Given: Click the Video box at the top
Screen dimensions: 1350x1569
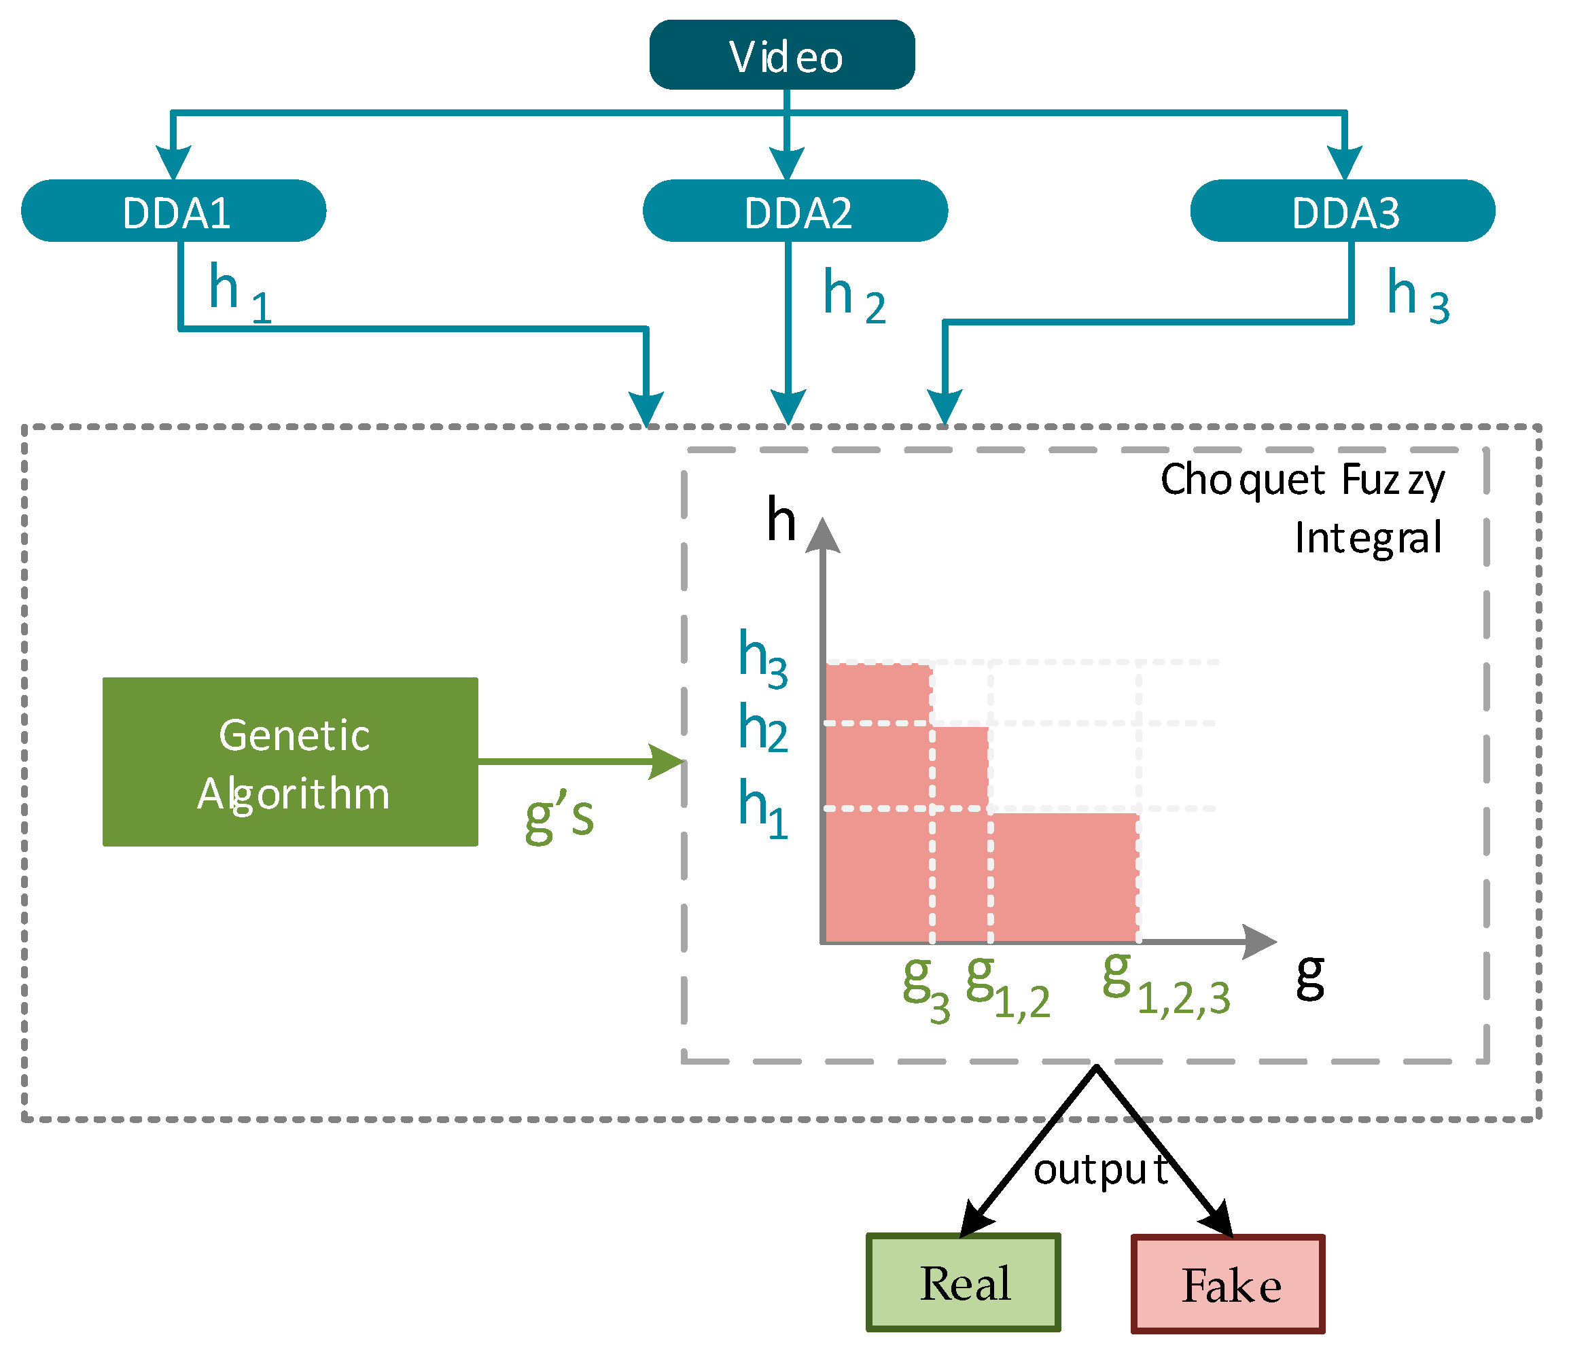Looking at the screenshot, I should pyautogui.click(x=781, y=55).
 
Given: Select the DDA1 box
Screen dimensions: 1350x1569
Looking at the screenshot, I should pyautogui.click(x=173, y=211).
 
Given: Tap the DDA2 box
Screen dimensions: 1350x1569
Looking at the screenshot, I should pyautogui.click(x=795, y=211).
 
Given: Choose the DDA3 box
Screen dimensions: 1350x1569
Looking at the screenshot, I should pyautogui.click(x=1342, y=211).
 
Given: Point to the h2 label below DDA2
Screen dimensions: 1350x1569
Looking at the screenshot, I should pyautogui.click(x=853, y=297).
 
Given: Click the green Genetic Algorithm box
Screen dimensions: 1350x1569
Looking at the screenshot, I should pyautogui.click(x=290, y=762).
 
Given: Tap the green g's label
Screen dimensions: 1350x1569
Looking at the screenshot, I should pyautogui.click(x=559, y=819).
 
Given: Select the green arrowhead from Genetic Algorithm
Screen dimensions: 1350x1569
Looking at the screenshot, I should pyautogui.click(x=668, y=762).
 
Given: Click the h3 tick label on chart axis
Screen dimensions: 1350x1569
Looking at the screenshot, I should pyautogui.click(x=762, y=659).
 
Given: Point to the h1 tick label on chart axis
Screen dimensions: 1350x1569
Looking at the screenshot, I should pyautogui.click(x=762, y=809).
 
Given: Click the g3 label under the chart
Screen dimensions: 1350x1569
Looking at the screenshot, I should pyautogui.click(x=925, y=988).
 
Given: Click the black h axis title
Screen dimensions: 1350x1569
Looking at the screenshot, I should pyautogui.click(x=781, y=521).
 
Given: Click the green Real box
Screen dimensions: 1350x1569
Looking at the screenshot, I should pyautogui.click(x=963, y=1283).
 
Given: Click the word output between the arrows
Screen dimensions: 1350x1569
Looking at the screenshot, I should pyautogui.click(x=1099, y=1171).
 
